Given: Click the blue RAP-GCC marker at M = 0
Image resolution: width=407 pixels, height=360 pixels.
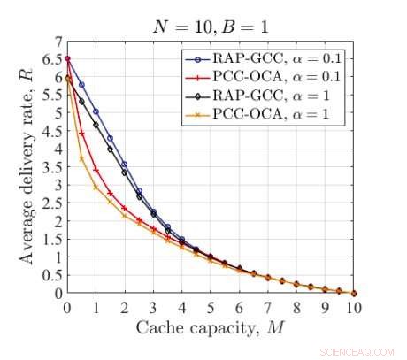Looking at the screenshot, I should click(x=67, y=59).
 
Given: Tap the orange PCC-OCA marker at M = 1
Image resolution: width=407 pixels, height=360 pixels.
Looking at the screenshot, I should click(x=96, y=187).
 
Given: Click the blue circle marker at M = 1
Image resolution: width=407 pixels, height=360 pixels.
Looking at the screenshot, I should click(x=96, y=112).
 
